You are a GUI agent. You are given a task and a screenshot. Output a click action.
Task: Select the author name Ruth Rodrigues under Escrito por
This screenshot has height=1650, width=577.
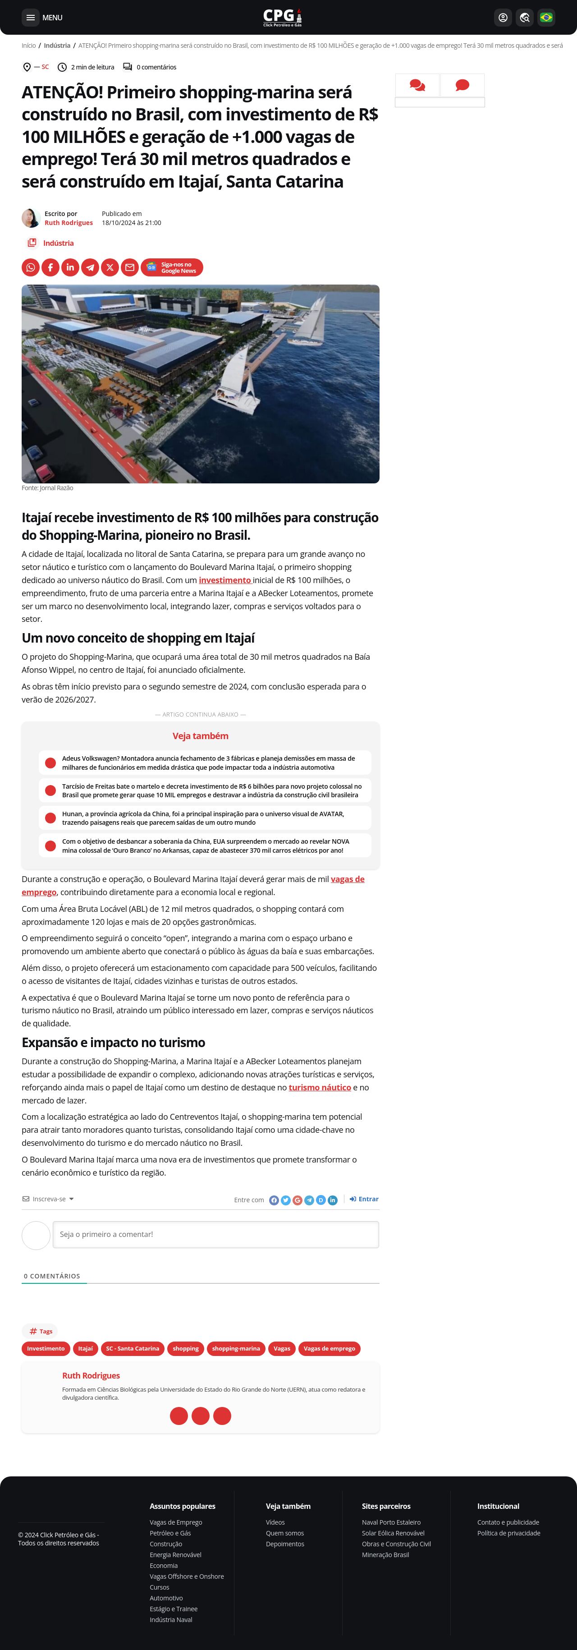(69, 223)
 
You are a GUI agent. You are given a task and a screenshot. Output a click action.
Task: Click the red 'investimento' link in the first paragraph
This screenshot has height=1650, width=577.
(225, 580)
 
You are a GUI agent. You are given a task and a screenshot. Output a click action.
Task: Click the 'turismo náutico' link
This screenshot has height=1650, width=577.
(320, 1088)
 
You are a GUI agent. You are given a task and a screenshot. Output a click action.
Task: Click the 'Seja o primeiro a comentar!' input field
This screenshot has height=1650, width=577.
(216, 1234)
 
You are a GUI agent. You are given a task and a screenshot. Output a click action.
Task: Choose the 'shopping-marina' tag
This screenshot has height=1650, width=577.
(236, 1348)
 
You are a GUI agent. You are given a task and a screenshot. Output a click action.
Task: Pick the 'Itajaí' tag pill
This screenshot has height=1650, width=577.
(85, 1348)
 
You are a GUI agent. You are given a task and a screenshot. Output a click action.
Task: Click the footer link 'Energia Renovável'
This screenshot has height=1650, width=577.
(175, 1554)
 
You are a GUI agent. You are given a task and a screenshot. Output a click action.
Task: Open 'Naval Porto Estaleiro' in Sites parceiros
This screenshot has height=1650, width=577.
(391, 1522)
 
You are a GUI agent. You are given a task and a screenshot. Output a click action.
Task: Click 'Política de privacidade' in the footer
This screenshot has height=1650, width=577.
(508, 1533)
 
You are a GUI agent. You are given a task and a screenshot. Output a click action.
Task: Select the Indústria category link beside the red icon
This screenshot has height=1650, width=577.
(58, 244)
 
